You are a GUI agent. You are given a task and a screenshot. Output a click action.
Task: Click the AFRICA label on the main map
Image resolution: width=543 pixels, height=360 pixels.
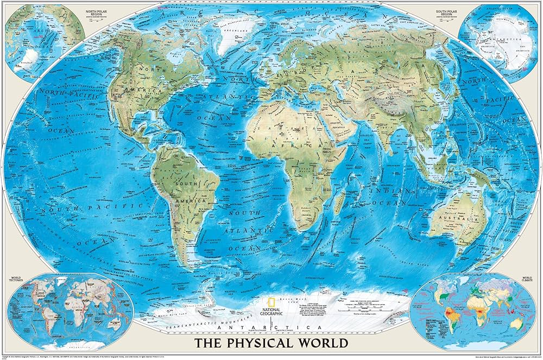(293, 146)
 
